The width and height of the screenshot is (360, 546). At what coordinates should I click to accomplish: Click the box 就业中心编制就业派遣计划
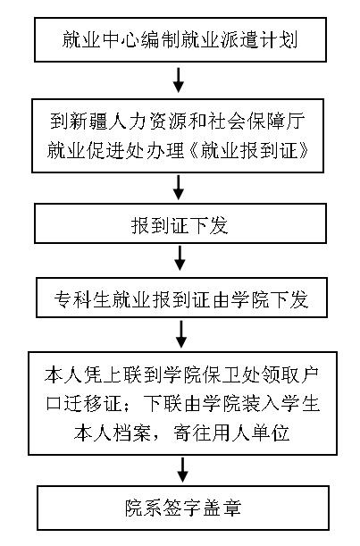point(180,39)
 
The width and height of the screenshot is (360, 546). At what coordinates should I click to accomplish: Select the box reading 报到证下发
point(180,223)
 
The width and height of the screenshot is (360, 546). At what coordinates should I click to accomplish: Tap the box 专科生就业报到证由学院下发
point(181,298)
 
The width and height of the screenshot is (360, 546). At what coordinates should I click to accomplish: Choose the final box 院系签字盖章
point(183,508)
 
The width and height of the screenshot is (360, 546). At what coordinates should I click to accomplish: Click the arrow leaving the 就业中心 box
point(179,80)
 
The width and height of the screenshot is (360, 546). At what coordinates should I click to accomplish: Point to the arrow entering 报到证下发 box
point(179,188)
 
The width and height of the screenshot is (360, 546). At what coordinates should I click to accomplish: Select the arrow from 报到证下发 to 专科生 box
point(180,258)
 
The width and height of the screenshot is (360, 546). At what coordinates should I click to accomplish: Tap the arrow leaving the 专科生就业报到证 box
point(181,334)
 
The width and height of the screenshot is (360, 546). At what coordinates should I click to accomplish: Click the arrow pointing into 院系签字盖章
point(182,470)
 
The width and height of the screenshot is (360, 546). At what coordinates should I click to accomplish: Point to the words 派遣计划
point(259,39)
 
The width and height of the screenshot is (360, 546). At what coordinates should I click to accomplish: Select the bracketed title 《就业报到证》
point(249,151)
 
